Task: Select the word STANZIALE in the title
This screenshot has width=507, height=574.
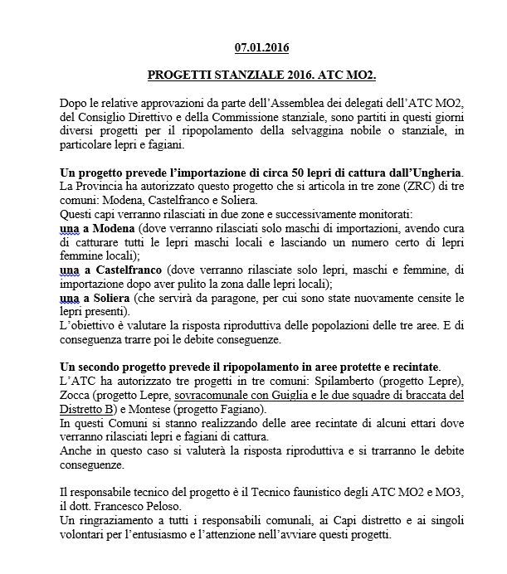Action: [x=241, y=75]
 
